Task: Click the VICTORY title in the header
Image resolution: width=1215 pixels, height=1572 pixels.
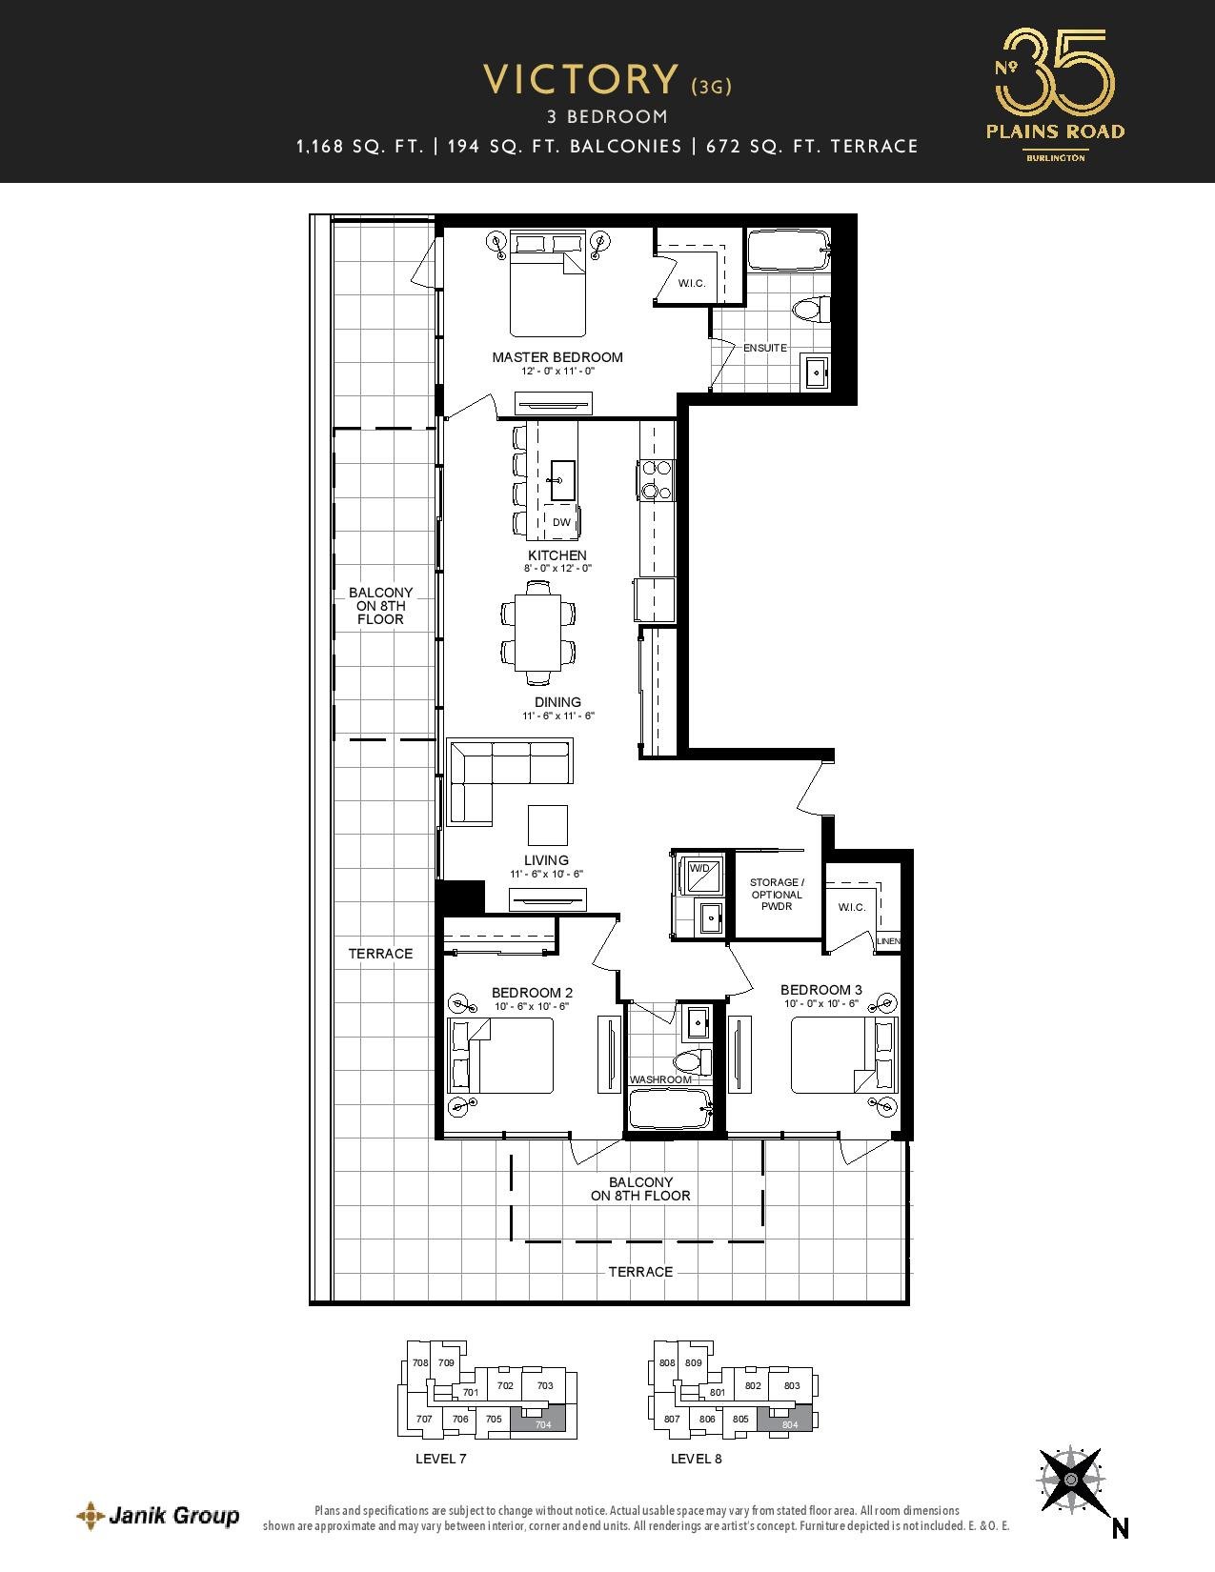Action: (x=581, y=80)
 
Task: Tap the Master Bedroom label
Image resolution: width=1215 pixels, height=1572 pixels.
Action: (x=557, y=356)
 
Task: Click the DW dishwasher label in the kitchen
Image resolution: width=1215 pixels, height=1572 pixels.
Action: (x=561, y=521)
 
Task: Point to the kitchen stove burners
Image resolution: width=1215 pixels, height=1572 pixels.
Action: (x=656, y=479)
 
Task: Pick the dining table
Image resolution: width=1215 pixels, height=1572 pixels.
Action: (x=538, y=633)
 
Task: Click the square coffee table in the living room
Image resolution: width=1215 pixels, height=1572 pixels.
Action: (x=548, y=825)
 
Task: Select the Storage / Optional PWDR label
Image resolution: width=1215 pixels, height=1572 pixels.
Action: (x=777, y=895)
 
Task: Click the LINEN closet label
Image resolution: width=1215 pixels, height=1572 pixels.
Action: (x=889, y=941)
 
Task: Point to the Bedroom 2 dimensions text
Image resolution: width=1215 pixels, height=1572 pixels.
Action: (x=532, y=1006)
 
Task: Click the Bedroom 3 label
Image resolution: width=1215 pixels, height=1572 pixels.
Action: (x=820, y=990)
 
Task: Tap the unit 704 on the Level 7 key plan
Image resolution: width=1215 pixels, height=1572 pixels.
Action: (x=543, y=1420)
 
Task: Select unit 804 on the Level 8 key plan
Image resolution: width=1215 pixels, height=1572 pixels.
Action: (x=789, y=1420)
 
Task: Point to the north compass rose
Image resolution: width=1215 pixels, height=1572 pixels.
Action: (x=1071, y=1480)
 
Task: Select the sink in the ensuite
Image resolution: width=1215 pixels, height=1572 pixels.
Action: (x=817, y=373)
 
